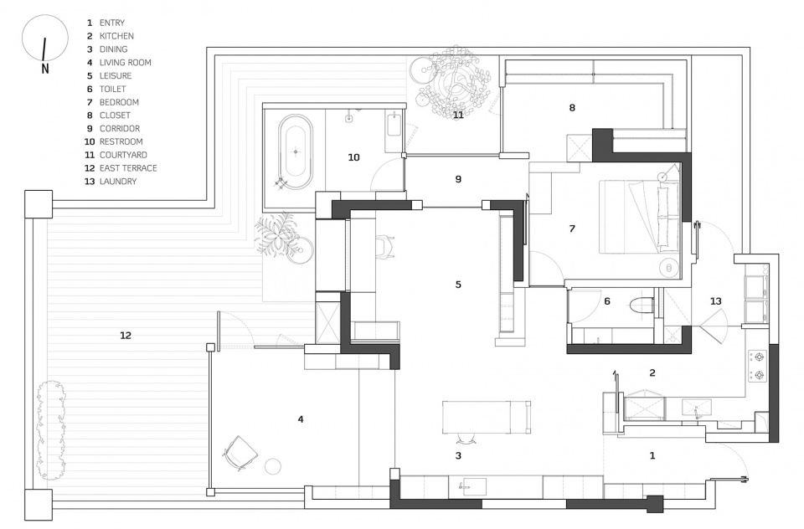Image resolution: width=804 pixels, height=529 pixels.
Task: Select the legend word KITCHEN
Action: click(x=116, y=36)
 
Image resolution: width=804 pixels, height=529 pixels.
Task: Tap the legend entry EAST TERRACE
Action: click(x=128, y=168)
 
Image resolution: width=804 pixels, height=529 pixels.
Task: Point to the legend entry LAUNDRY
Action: click(x=118, y=182)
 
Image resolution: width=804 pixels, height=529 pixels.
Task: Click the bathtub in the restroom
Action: click(x=296, y=152)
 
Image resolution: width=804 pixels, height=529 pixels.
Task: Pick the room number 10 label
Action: click(x=353, y=157)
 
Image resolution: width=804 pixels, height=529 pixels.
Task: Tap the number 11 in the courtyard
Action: click(x=458, y=115)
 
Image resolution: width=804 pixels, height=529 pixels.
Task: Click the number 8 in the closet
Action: click(x=572, y=108)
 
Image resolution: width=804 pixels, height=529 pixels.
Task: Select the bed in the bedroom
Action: click(x=640, y=216)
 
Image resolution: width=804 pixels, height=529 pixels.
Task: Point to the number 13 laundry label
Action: click(x=715, y=301)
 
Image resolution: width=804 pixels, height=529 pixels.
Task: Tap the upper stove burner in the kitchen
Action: click(x=757, y=357)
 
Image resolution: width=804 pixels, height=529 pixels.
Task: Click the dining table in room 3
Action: click(x=487, y=417)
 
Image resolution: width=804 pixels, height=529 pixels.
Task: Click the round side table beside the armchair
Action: click(x=273, y=466)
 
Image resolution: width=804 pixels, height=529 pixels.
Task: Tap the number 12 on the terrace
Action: click(x=126, y=336)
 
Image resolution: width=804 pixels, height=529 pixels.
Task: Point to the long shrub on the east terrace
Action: click(x=51, y=430)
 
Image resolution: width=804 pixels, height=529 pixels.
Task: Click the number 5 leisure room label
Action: click(x=458, y=285)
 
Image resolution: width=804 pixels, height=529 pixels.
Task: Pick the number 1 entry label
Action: click(x=652, y=455)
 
